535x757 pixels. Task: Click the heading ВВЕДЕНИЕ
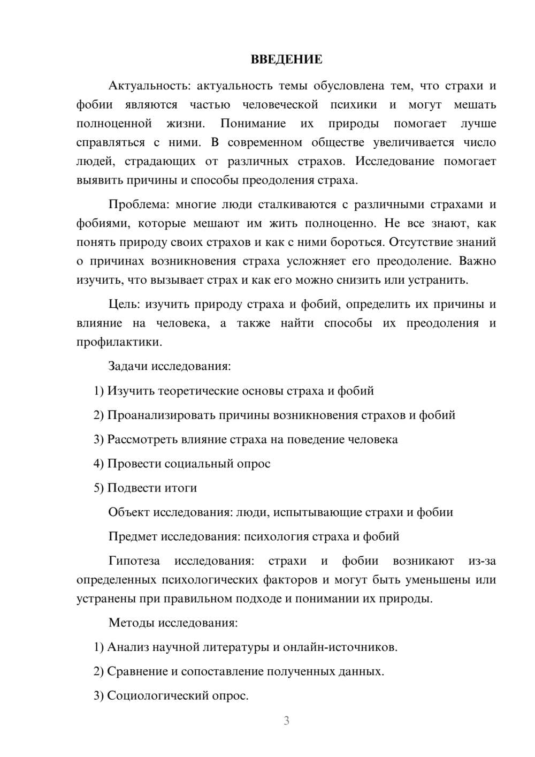pos(286,59)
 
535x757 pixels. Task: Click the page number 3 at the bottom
pos(286,721)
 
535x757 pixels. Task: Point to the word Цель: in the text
pos(124,304)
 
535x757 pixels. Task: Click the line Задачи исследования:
pos(169,366)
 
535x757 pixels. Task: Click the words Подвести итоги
pos(152,488)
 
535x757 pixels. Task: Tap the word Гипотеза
pos(134,561)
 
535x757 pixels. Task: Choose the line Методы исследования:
pos(173,623)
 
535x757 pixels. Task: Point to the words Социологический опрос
pos(177,695)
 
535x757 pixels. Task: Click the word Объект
pos(129,512)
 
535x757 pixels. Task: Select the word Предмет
pos(133,536)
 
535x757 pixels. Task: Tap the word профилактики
pos(119,342)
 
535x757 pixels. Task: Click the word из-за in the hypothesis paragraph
pos(482,561)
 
